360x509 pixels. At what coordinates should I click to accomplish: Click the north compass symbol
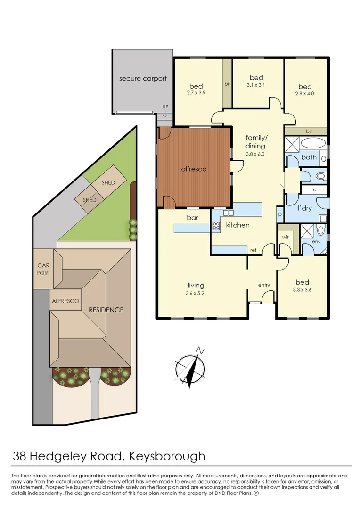tap(189, 367)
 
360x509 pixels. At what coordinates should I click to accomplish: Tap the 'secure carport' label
tap(143, 78)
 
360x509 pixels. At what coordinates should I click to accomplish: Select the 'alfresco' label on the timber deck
tap(194, 168)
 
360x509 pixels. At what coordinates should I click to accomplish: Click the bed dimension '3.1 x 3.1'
tap(256, 85)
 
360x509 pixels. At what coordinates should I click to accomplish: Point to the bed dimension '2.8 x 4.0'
tap(305, 94)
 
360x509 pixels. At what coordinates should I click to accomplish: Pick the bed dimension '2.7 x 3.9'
tap(196, 93)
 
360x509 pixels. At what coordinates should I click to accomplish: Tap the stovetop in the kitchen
tap(216, 226)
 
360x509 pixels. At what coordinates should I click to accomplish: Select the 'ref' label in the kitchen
tap(253, 250)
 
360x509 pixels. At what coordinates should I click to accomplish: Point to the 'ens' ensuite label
tap(315, 242)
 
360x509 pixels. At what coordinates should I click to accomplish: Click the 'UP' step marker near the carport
tap(165, 107)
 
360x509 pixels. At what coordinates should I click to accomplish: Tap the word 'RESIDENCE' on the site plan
tap(106, 310)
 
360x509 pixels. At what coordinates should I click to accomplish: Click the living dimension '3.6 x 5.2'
tap(196, 293)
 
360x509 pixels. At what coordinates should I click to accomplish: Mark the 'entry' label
tap(264, 285)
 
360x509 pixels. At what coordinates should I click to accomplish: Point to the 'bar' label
tap(192, 218)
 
